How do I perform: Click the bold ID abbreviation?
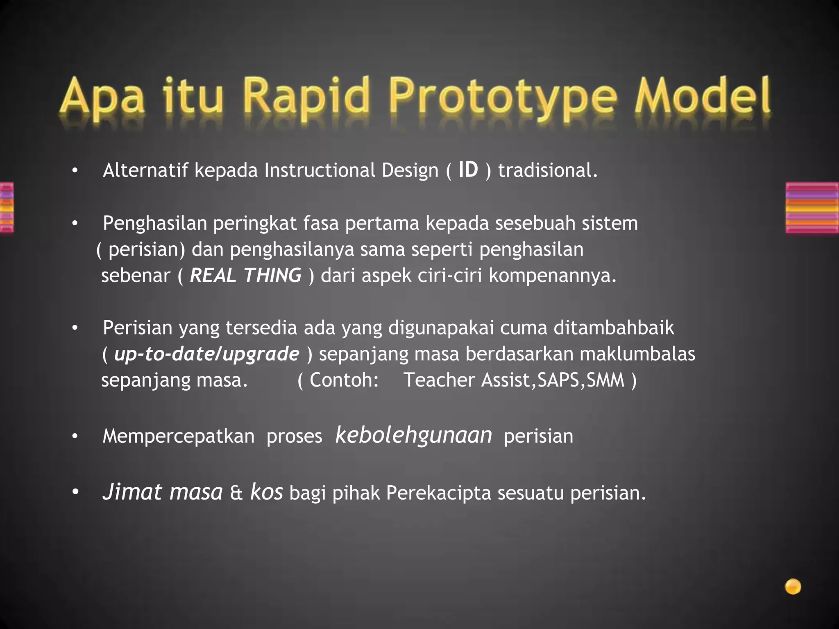(x=468, y=170)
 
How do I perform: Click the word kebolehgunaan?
(x=414, y=435)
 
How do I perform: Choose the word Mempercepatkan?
(x=178, y=436)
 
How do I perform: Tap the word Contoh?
(x=343, y=380)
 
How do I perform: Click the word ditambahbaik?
(x=614, y=328)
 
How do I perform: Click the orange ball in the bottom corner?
(x=793, y=586)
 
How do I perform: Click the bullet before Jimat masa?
(x=75, y=493)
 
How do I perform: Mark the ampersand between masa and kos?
(x=236, y=493)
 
